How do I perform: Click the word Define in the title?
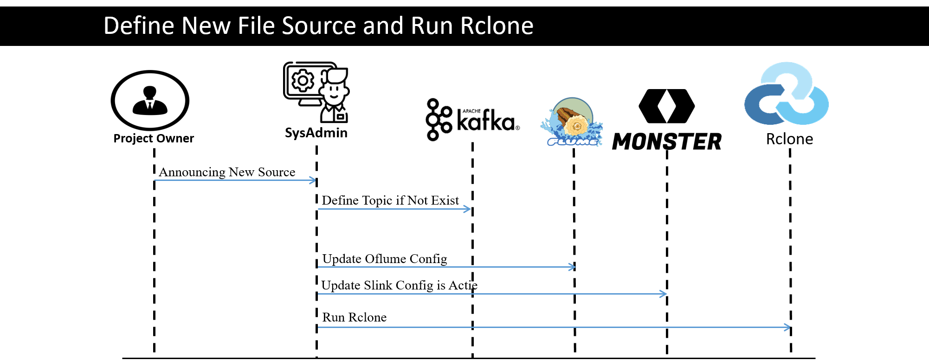(x=139, y=26)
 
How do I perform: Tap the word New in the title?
(x=206, y=26)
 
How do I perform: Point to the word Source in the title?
(x=318, y=26)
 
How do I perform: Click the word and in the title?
(x=383, y=26)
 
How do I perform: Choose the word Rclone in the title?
(x=497, y=26)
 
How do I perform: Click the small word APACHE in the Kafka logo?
(x=471, y=111)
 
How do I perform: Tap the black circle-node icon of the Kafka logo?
(x=438, y=119)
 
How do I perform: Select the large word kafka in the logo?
(x=485, y=122)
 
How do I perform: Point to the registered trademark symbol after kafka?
(x=517, y=128)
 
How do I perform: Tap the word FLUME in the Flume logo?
(x=572, y=141)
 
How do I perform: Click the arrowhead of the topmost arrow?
(x=313, y=180)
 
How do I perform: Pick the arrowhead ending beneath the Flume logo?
(x=573, y=267)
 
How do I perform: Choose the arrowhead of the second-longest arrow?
(x=664, y=294)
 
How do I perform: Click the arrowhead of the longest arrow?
(x=787, y=328)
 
